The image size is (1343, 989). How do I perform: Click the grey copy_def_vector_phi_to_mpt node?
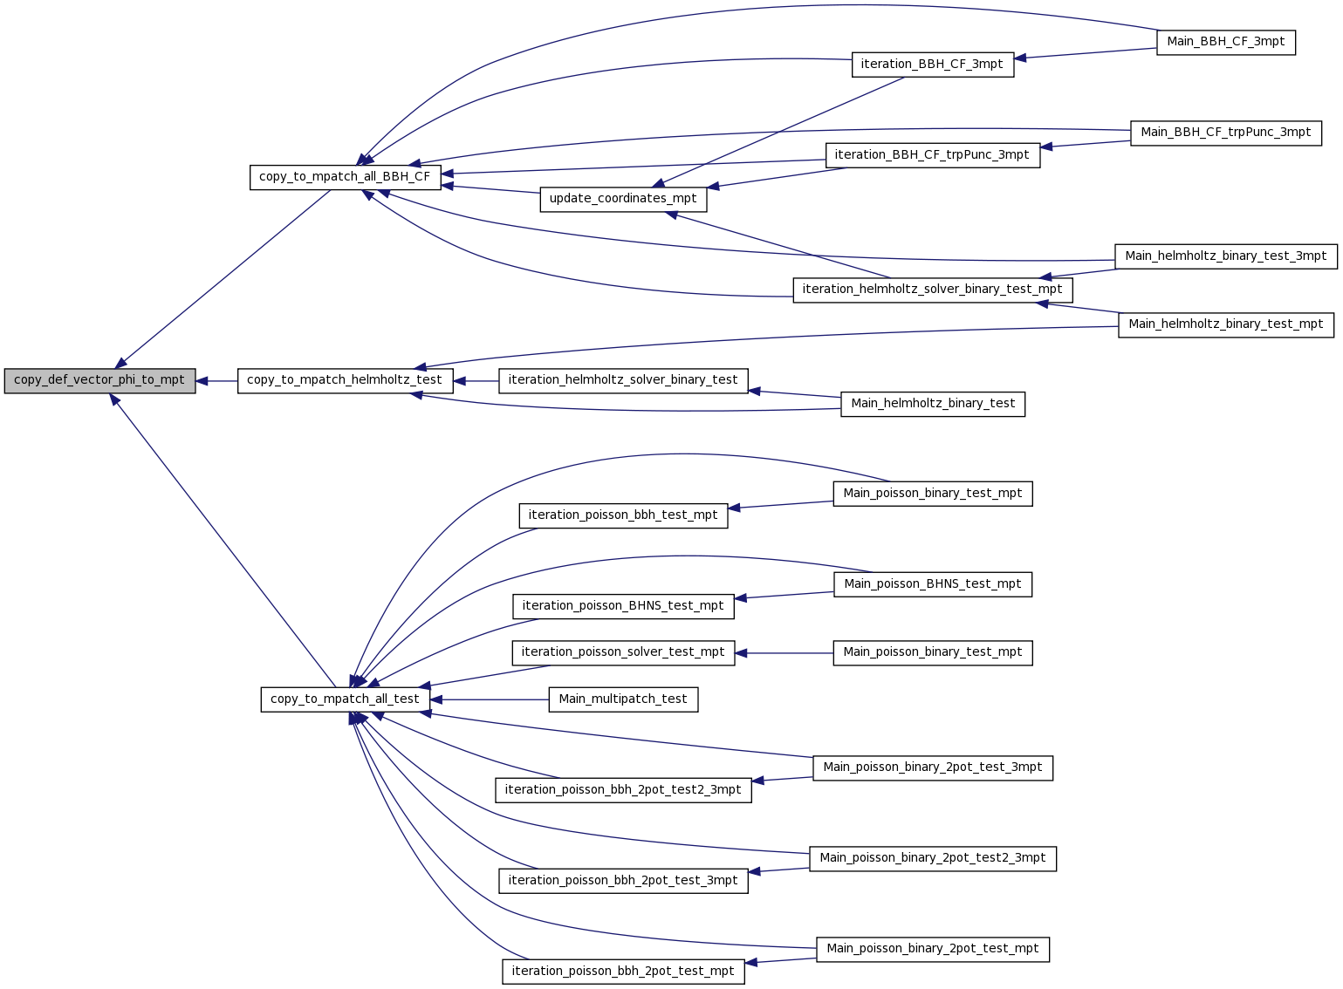100,381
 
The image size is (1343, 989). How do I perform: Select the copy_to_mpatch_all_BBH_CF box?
346,178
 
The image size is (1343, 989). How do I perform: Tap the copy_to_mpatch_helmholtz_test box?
346,381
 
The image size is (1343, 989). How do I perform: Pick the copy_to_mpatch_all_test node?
346,699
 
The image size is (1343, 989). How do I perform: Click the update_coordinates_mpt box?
624,200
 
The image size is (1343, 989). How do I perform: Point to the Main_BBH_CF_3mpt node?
1226,43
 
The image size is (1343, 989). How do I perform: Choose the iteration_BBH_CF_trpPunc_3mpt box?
933,156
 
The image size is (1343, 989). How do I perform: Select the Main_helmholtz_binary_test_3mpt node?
1226,257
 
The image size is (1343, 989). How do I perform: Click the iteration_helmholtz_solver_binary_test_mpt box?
933,290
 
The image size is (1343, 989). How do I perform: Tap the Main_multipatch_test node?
624,699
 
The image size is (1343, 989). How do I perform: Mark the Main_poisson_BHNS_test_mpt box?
933,584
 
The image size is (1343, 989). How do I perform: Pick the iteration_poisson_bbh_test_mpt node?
624,515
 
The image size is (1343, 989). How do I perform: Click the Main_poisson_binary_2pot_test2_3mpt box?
933,859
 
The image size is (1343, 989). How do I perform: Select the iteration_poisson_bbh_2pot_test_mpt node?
624,972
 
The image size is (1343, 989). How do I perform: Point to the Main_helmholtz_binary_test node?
933,405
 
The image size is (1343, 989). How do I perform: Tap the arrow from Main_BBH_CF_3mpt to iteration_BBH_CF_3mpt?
1086,53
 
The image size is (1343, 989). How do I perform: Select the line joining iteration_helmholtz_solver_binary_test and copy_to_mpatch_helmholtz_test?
476,381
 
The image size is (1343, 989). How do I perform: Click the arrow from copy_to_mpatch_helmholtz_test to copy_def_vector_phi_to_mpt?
216,381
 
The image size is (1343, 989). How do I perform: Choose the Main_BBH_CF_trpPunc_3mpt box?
1226,133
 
